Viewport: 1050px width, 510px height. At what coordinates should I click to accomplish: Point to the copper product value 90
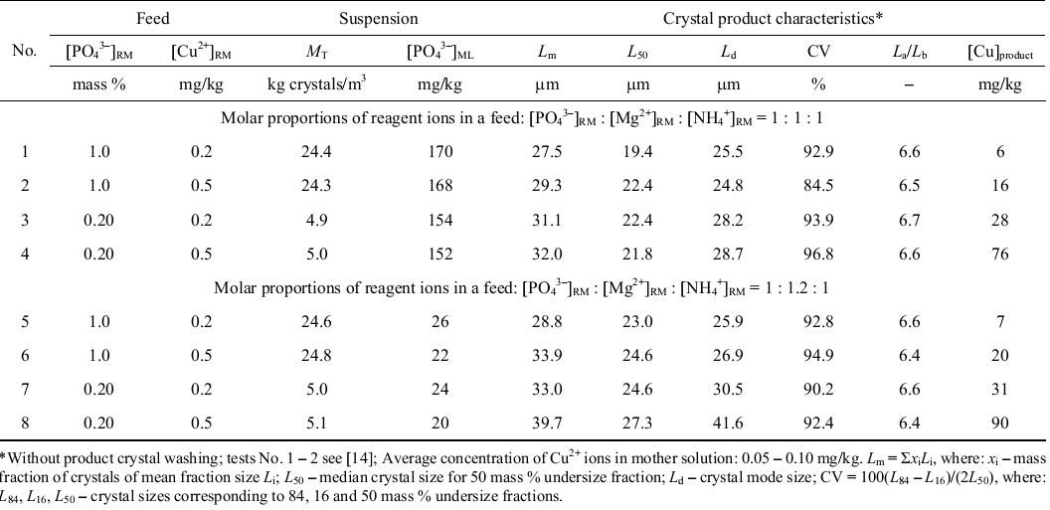coord(1000,424)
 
